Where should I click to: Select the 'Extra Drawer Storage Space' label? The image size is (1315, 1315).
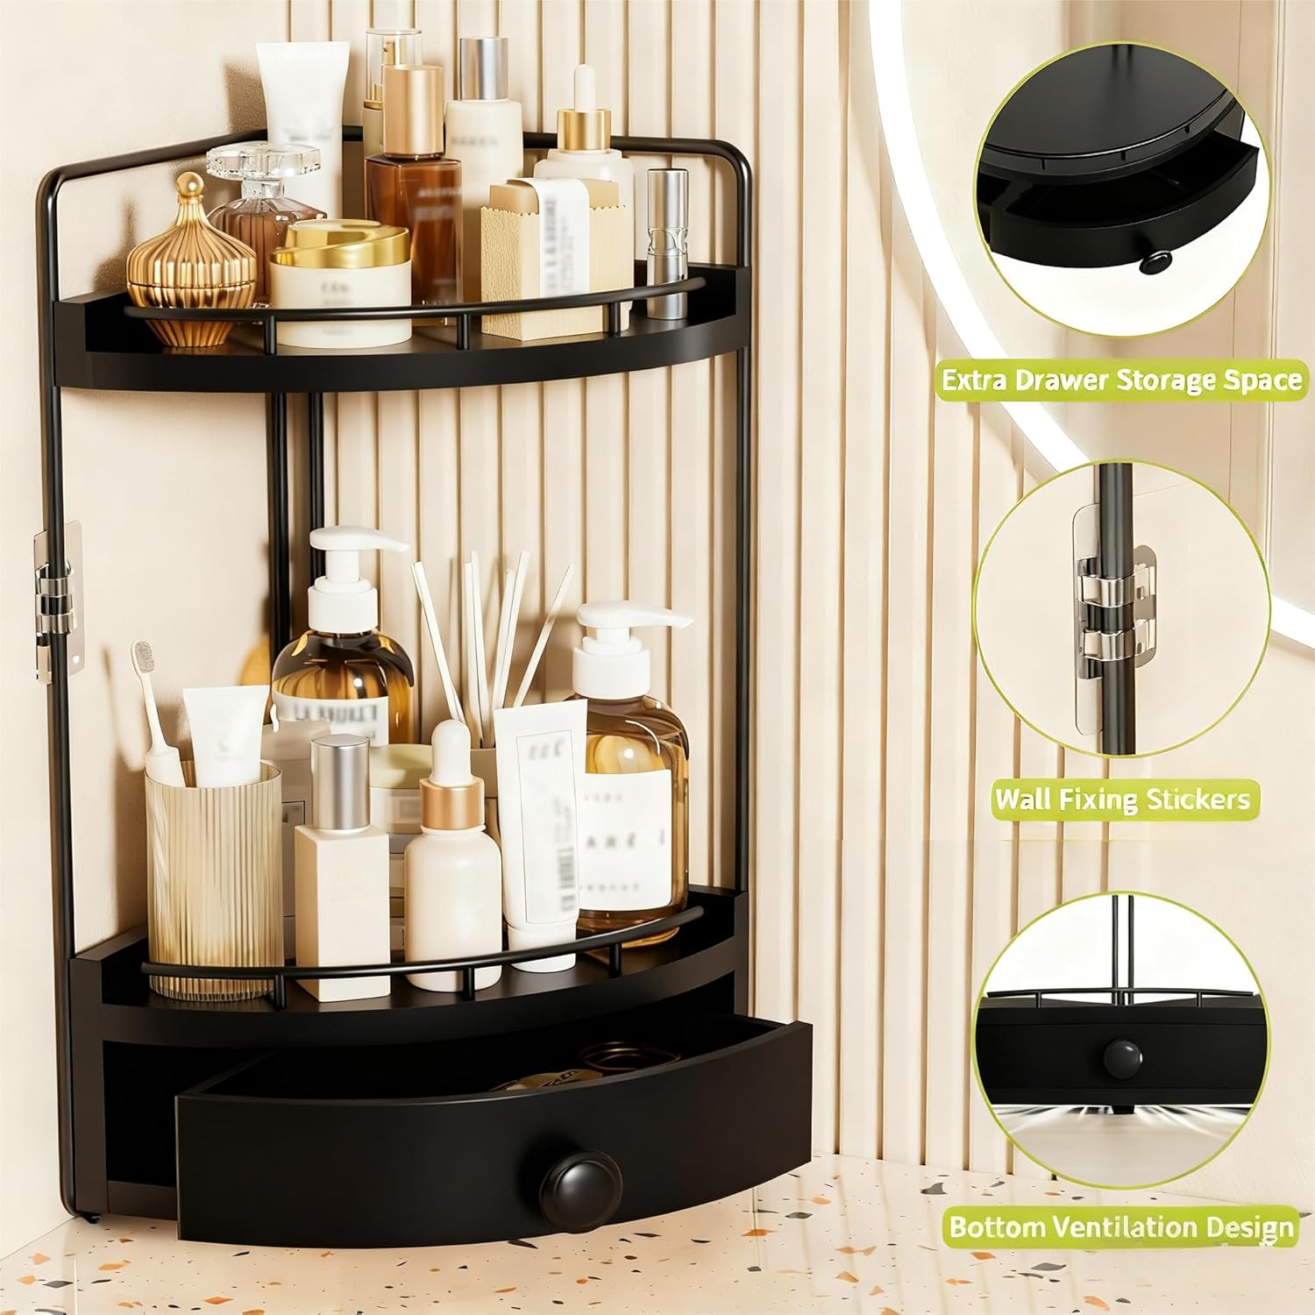click(x=1121, y=380)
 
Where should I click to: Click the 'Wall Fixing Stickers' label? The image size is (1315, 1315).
click(x=1121, y=800)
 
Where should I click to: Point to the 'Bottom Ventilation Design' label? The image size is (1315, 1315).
click(x=1122, y=1226)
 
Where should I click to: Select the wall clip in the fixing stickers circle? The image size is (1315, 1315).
click(x=1113, y=605)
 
